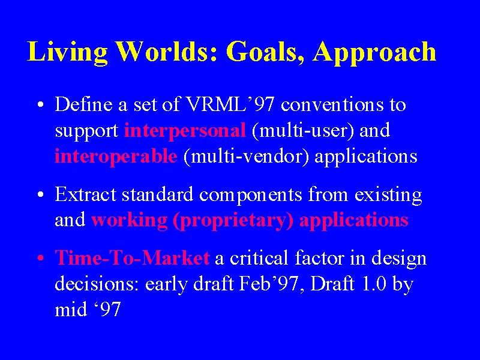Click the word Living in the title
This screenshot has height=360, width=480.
[67, 53]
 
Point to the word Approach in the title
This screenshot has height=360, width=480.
[374, 53]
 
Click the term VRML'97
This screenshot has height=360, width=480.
[230, 104]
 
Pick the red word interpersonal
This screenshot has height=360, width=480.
[185, 131]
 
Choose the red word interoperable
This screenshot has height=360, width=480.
[116, 157]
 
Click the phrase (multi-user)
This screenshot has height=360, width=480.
[303, 131]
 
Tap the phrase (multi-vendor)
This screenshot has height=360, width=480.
[246, 157]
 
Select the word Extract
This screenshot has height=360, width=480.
[85, 194]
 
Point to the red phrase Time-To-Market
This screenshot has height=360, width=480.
[132, 257]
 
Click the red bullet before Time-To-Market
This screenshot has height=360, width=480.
[41, 258]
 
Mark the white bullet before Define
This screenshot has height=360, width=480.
[41, 104]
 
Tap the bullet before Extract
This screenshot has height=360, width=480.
[41, 194]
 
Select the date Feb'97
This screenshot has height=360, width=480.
[268, 283]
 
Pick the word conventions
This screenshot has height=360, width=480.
[332, 104]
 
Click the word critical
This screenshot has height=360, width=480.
[259, 257]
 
